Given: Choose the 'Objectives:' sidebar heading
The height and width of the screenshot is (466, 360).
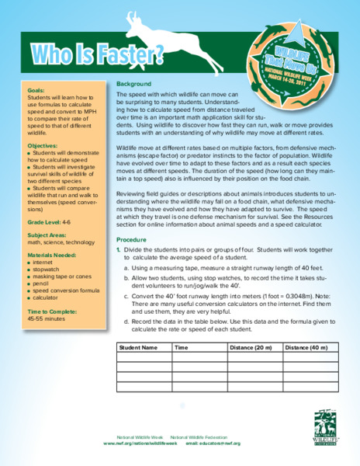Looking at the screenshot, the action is pyautogui.click(x=43, y=145).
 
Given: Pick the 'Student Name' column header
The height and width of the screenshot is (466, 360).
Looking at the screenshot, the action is pyautogui.click(x=139, y=347).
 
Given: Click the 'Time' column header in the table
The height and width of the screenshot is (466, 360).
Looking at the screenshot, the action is pyautogui.click(x=182, y=347).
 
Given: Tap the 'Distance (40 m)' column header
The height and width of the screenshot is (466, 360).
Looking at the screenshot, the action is pyautogui.click(x=306, y=347).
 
